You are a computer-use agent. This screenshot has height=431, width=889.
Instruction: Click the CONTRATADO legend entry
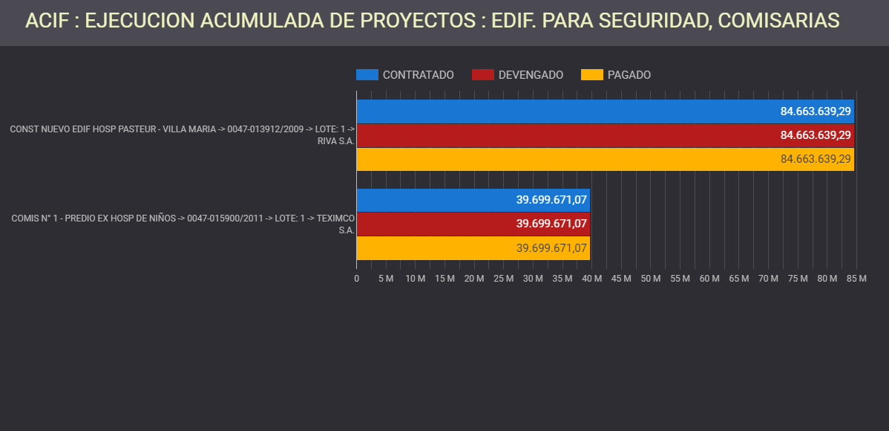(x=405, y=75)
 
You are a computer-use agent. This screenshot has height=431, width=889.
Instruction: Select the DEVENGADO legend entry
(x=518, y=75)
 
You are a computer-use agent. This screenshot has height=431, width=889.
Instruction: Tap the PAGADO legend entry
(x=616, y=75)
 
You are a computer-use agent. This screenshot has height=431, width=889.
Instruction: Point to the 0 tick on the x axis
(x=357, y=279)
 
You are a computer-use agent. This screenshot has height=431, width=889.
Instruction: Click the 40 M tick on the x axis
(x=591, y=279)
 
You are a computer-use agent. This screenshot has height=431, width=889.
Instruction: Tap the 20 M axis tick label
(x=474, y=279)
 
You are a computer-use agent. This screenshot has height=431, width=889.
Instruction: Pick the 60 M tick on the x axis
(x=709, y=279)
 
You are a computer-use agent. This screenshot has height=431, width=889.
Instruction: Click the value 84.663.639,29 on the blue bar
(x=816, y=111)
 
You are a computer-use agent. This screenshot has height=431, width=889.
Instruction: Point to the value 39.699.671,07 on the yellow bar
(x=551, y=247)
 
